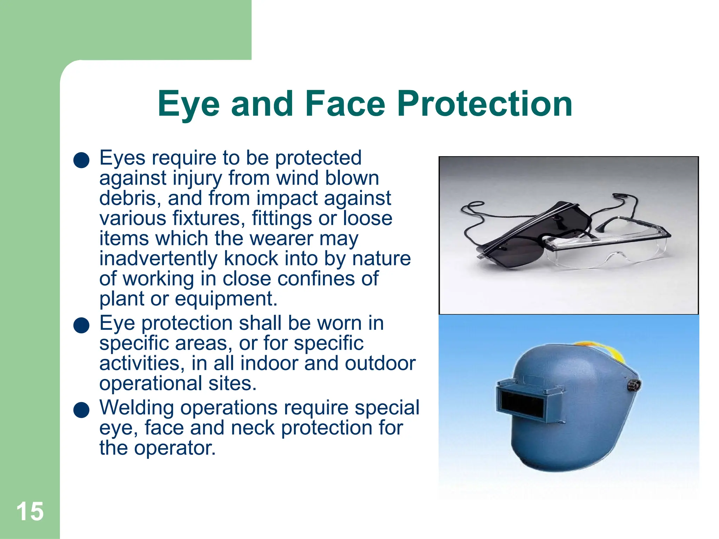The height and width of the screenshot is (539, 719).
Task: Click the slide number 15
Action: click(x=30, y=512)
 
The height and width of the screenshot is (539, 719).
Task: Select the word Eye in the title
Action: click(x=189, y=104)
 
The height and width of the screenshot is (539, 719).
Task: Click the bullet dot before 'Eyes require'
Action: click(x=81, y=160)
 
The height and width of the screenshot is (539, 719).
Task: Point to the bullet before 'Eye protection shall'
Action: click(x=81, y=325)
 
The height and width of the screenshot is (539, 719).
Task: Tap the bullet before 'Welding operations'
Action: click(x=81, y=410)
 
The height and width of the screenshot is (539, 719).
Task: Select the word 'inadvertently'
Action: click(x=158, y=259)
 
